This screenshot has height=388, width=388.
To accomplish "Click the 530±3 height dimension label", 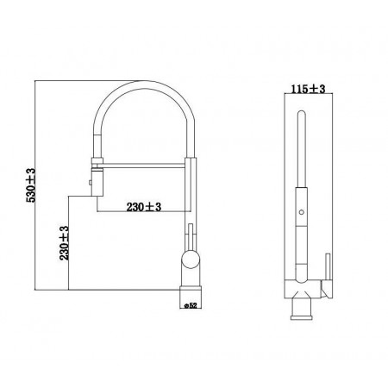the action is coord(31,185).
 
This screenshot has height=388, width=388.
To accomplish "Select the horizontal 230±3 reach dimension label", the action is coord(144,207).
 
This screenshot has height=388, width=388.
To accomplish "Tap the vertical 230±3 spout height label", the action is coord(65,243).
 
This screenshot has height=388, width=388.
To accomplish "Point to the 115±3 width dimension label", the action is coord(308,89).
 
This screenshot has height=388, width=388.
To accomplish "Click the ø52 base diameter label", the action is coord(191,305).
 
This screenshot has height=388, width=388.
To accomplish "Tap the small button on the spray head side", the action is coord(90,182).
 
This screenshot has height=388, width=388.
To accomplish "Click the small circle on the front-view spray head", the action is coord(301,212).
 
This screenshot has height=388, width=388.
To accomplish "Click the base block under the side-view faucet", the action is coord(191,297).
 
